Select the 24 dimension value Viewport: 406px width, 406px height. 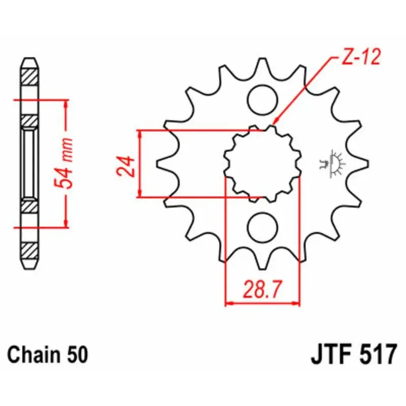[x=126, y=166]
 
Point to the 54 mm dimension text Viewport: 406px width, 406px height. [x=63, y=163]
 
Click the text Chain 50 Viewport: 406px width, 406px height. [x=48, y=355]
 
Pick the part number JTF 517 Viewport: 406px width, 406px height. [x=354, y=354]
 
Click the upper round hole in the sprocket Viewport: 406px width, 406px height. [x=262, y=100]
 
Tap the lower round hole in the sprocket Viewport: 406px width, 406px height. [x=262, y=227]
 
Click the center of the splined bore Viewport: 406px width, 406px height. [x=262, y=164]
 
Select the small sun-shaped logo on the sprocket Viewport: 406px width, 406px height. [x=332, y=163]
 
